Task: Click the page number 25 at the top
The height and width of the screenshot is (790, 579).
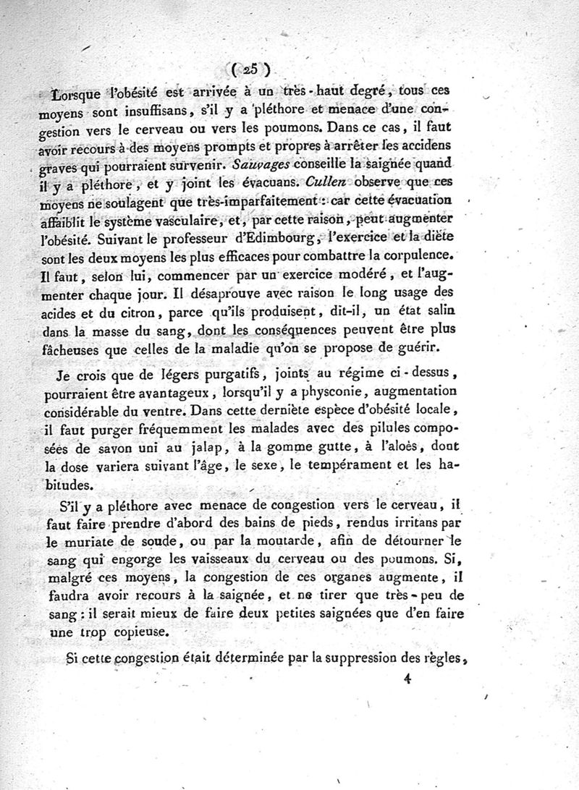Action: tap(251, 69)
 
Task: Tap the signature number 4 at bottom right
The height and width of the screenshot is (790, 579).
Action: tap(410, 679)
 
